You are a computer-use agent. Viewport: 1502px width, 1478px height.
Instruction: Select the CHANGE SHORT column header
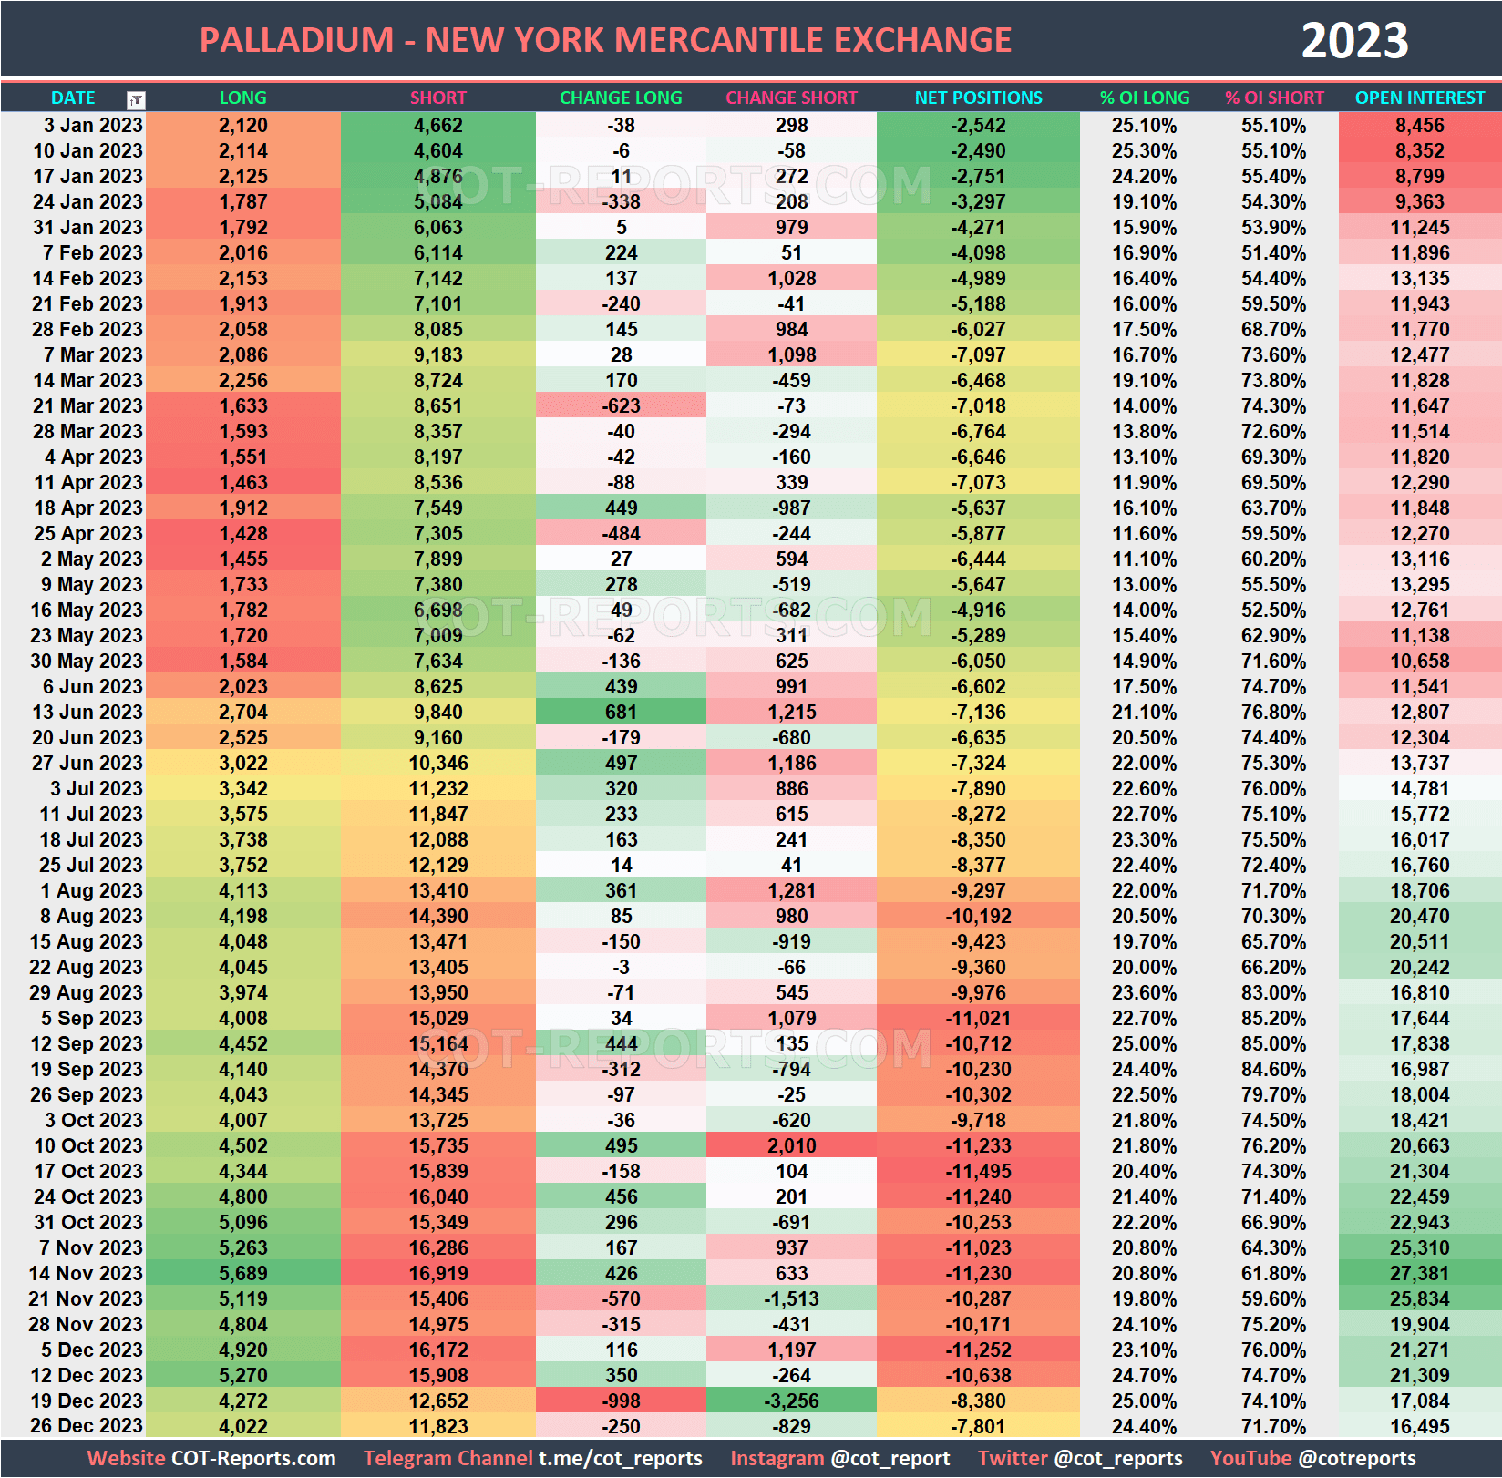(791, 98)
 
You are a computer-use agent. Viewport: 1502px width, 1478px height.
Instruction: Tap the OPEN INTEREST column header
(1419, 98)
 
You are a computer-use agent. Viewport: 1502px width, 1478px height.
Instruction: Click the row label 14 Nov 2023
(87, 1273)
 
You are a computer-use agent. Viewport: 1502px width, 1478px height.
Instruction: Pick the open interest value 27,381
(1419, 1273)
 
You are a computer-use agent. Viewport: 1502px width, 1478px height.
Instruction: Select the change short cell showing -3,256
(791, 1401)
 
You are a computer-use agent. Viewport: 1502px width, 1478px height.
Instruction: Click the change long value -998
(621, 1401)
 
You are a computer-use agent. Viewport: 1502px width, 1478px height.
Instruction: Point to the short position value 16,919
(437, 1273)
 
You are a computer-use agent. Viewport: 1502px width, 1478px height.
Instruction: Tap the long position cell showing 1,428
(243, 533)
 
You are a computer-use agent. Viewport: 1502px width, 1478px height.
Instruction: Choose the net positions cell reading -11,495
(978, 1171)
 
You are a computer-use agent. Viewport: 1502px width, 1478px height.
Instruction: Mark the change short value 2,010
(791, 1145)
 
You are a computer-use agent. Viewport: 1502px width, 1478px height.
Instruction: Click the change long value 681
(621, 712)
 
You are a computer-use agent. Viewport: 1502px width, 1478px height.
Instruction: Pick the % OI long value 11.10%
(1144, 559)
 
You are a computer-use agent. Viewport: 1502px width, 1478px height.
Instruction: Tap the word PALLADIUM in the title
(296, 41)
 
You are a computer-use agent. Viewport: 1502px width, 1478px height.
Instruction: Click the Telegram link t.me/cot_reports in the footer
(620, 1458)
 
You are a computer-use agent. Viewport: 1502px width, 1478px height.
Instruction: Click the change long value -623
(621, 405)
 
